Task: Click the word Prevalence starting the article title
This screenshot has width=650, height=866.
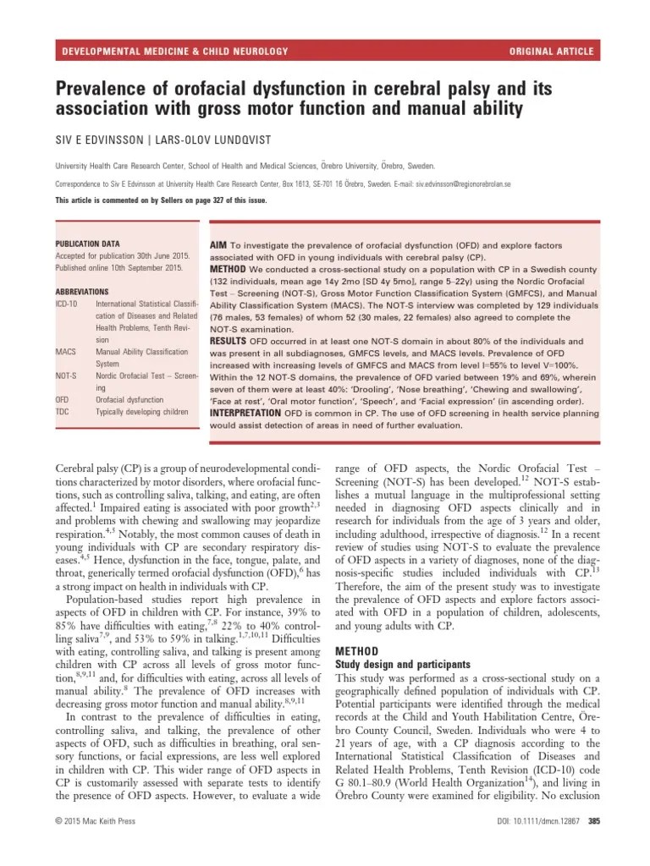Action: coord(105,87)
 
